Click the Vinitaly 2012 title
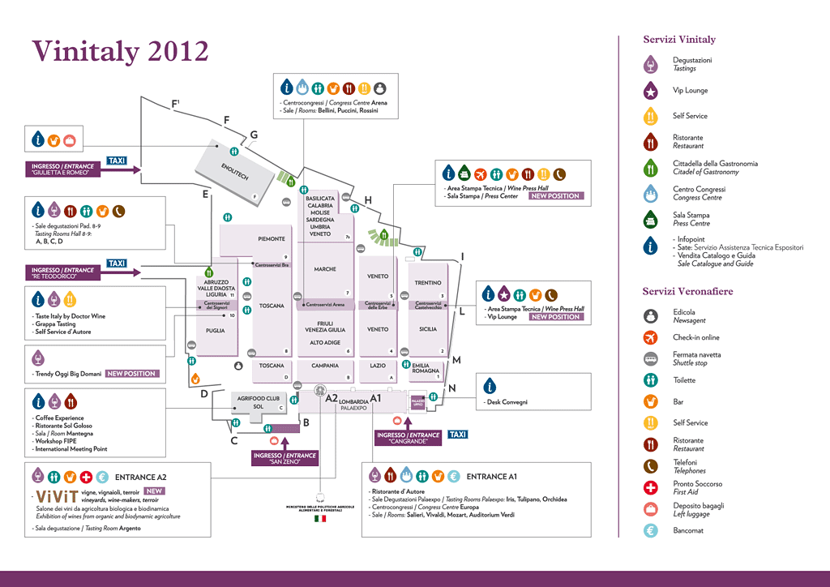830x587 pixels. coord(120,51)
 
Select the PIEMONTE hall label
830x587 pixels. coord(272,239)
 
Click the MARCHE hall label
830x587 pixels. coord(325,269)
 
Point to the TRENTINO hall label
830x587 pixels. coord(427,283)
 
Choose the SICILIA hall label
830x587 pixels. coord(427,329)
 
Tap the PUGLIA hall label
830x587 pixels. coord(215,331)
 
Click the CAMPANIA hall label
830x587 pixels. coord(325,366)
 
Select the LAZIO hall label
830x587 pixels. coord(378,366)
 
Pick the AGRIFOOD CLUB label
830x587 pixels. coord(258,398)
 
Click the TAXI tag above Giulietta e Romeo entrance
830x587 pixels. coord(117,161)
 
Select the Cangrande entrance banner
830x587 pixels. coord(408,438)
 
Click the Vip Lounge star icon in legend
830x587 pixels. coord(649,91)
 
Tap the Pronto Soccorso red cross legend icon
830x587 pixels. coord(649,487)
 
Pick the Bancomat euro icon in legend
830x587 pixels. coord(649,531)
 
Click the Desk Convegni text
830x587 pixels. coord(507,402)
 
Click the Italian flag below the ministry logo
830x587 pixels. coord(320,518)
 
